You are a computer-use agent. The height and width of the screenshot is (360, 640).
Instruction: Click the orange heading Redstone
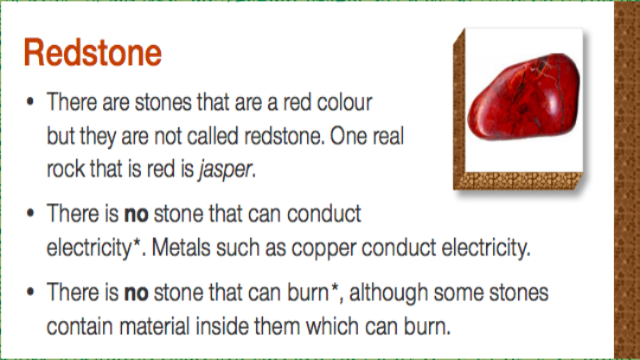(93, 52)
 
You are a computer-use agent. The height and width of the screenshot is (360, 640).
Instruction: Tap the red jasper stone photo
(523, 96)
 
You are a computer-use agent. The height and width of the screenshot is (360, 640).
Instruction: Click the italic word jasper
(225, 169)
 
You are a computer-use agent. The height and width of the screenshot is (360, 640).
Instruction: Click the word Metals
(181, 247)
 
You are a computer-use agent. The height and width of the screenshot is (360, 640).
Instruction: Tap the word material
(155, 326)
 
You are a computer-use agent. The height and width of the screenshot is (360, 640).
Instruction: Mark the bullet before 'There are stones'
(29, 101)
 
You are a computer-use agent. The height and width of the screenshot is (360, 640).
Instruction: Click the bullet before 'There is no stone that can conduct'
(29, 213)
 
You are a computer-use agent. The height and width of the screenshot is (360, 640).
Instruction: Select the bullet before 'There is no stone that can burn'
(29, 292)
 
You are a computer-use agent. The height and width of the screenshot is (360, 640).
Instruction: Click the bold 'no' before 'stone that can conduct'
(136, 214)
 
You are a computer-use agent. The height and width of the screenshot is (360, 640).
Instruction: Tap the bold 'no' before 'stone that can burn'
(136, 293)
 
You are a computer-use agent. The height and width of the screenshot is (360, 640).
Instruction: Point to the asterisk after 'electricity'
(138, 242)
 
